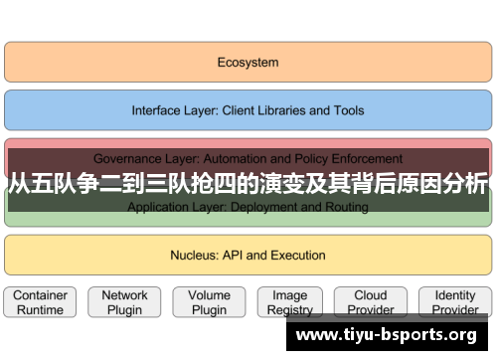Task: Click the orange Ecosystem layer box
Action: point(248,62)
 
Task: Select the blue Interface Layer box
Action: point(248,110)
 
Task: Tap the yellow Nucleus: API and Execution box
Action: point(248,255)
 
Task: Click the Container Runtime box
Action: point(40,302)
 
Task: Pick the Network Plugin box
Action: point(124,302)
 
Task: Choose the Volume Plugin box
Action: point(209,302)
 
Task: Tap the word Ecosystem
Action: point(248,62)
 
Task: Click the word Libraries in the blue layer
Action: point(290,110)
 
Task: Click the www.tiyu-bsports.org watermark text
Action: point(388,335)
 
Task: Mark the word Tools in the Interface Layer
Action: point(348,110)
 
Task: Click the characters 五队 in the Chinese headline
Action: point(50,183)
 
